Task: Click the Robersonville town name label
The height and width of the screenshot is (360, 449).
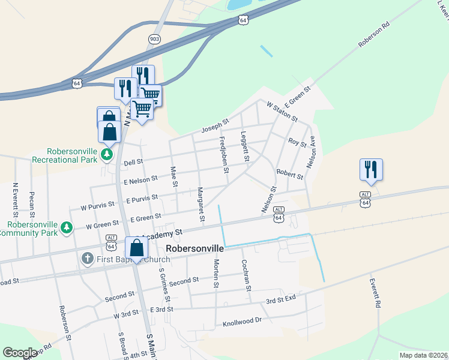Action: [194, 248]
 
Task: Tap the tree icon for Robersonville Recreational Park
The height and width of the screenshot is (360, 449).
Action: [107, 155]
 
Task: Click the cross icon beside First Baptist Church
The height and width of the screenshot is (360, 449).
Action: [87, 259]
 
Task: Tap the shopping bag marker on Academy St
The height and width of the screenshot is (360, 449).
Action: [137, 248]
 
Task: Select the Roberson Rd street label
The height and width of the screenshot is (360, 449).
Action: [374, 35]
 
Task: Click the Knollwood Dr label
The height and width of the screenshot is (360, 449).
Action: [243, 321]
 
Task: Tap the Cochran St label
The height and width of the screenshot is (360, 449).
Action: [246, 275]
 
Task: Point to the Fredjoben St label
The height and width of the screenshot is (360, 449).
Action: [224, 155]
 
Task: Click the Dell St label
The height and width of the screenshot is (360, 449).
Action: [133, 162]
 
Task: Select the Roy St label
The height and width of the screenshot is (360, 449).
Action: [297, 143]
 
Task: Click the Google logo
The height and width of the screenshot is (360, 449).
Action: [20, 353]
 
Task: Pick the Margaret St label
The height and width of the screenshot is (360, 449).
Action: [201, 203]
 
